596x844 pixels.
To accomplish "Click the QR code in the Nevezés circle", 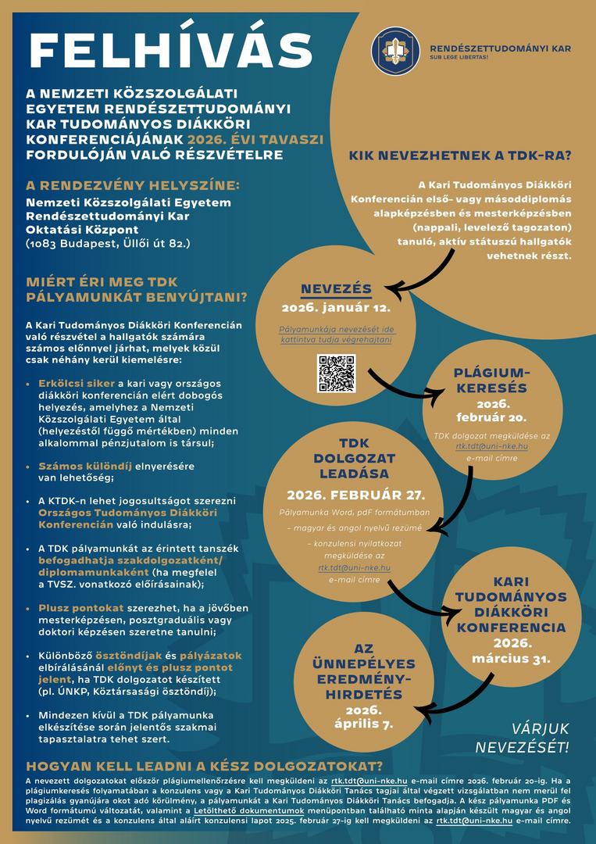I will coord(336,374).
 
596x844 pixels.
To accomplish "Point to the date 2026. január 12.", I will coord(336,308).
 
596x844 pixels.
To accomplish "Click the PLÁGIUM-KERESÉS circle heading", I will coord(491,380).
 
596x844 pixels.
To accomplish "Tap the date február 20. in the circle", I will coord(492,417).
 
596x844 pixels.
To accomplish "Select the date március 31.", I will coord(511,658).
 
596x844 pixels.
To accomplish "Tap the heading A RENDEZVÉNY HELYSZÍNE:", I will coord(133,186).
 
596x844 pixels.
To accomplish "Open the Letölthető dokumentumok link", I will coord(237,811).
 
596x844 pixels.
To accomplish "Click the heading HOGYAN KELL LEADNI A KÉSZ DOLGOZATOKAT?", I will coord(205,765).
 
